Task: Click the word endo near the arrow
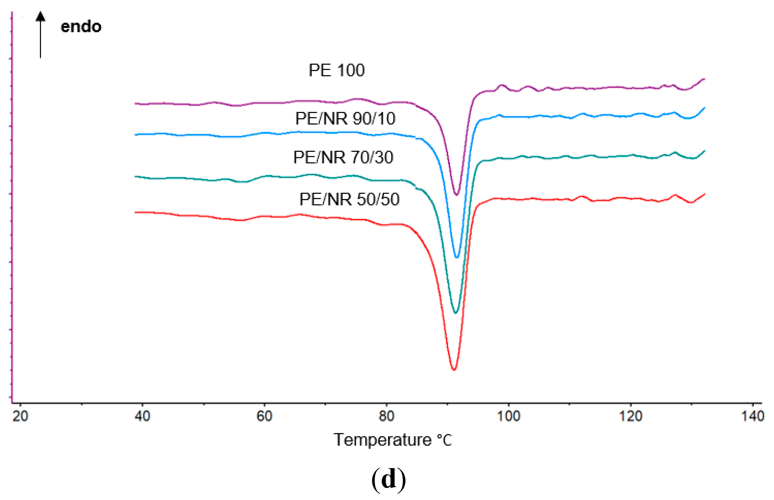click(81, 27)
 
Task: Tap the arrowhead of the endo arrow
click(40, 16)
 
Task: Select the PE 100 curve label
click(336, 70)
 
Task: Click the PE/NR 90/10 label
click(345, 118)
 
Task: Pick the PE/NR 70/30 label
click(343, 157)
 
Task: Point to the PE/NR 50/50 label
click(349, 199)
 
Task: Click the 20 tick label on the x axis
click(20, 416)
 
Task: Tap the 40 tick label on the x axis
click(142, 416)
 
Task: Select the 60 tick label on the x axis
click(264, 416)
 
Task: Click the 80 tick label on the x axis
click(386, 416)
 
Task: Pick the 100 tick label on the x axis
click(508, 416)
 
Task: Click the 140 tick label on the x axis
click(752, 416)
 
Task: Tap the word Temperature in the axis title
click(382, 440)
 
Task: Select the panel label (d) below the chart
click(388, 479)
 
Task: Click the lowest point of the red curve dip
click(454, 370)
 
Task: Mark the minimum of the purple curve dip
click(457, 195)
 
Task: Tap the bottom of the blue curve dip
click(457, 257)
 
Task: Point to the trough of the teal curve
click(455, 313)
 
